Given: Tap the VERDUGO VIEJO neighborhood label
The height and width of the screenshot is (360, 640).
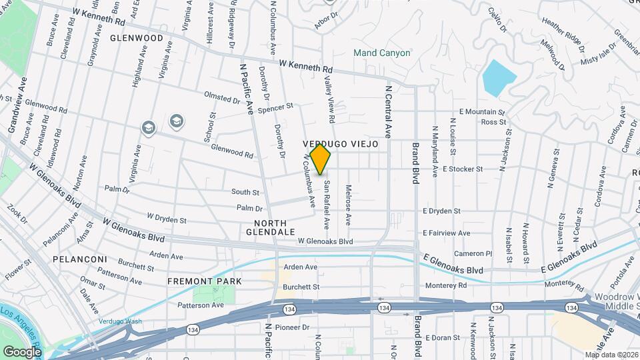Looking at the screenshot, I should (x=340, y=144).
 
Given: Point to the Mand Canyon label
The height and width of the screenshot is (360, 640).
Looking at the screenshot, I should (x=382, y=53).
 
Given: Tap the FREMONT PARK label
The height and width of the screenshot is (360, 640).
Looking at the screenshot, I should (x=205, y=281).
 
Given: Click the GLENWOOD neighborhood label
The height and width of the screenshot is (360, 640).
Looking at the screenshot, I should (x=137, y=38).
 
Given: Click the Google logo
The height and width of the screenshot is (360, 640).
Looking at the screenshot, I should (x=22, y=351).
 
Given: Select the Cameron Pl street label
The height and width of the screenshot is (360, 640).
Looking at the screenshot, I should (x=473, y=254).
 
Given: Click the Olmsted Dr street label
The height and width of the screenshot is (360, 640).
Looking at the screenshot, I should (x=222, y=98).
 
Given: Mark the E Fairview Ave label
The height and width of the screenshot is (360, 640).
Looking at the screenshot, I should (x=446, y=233).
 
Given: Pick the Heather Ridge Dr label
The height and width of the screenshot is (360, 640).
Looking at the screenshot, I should (x=563, y=39).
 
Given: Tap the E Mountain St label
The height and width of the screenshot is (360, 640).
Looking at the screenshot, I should (x=482, y=112).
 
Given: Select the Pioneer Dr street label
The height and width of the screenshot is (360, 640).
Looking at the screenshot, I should (x=297, y=328).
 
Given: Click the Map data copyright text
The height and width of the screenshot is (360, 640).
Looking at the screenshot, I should (x=611, y=355).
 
